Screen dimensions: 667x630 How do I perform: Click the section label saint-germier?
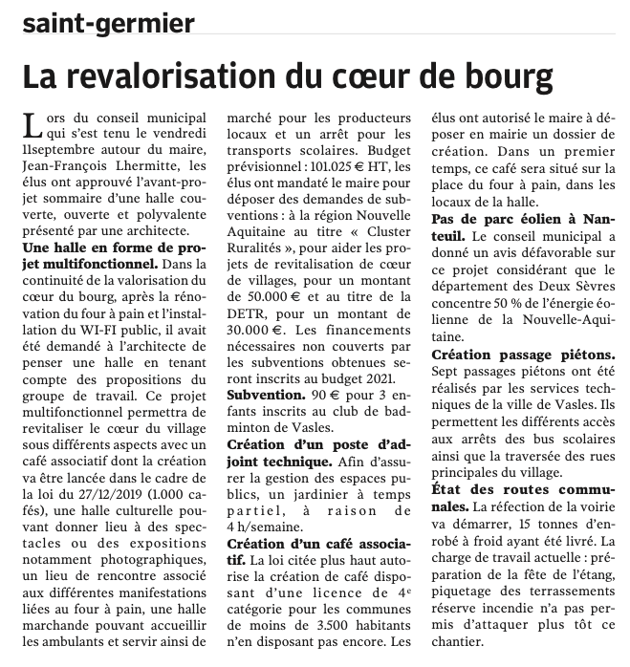(x=109, y=22)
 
